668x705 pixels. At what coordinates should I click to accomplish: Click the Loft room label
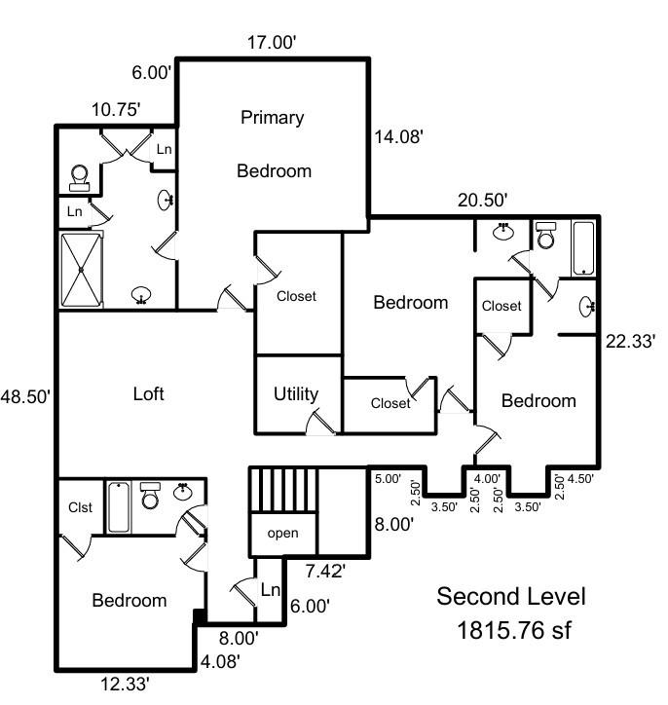tap(149, 394)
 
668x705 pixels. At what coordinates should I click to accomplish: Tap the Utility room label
tap(296, 394)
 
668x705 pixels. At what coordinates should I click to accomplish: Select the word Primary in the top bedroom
tap(273, 118)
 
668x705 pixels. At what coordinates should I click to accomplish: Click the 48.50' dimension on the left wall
tap(24, 396)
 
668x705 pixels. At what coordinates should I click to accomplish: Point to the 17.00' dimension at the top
tap(273, 43)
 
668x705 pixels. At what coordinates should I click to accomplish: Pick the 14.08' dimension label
tap(398, 138)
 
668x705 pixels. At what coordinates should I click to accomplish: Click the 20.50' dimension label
tap(483, 200)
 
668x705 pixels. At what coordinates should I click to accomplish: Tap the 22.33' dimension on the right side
tap(630, 341)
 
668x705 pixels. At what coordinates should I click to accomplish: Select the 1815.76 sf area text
tap(513, 631)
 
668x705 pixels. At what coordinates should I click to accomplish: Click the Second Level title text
tap(511, 596)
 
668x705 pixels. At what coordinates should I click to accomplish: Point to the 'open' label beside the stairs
tap(282, 534)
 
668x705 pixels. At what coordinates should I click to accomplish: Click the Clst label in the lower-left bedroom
tap(80, 507)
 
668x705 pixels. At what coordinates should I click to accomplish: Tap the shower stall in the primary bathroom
tap(82, 269)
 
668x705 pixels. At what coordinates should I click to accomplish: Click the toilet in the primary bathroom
tap(80, 176)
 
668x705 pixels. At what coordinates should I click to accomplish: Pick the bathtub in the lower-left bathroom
tap(119, 507)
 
